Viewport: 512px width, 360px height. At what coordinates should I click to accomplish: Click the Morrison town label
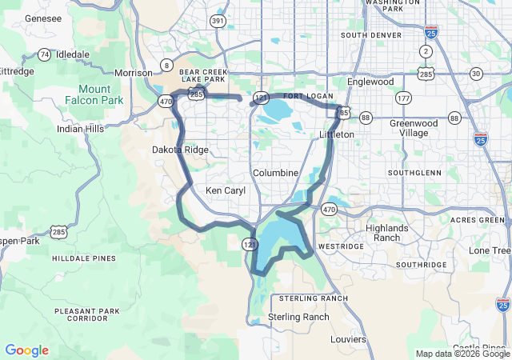pyautogui.click(x=133, y=73)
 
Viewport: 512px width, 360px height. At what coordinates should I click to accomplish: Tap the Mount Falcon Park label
pyautogui.click(x=102, y=94)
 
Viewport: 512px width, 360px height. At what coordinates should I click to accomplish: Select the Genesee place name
pyautogui.click(x=21, y=18)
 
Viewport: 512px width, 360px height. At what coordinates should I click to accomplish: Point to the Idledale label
pyautogui.click(x=74, y=54)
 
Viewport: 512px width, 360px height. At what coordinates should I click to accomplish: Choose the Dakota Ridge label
pyautogui.click(x=180, y=150)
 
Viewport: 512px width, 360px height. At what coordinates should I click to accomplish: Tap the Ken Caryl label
pyautogui.click(x=226, y=190)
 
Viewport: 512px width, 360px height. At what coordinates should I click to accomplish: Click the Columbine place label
pyautogui.click(x=275, y=173)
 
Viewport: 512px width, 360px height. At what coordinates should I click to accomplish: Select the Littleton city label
pyautogui.click(x=336, y=134)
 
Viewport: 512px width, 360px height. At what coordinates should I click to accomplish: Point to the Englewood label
pyautogui.click(x=370, y=82)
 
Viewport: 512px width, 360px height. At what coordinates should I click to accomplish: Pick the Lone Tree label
pyautogui.click(x=490, y=250)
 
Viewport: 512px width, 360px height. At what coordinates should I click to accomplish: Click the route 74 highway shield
pyautogui.click(x=44, y=54)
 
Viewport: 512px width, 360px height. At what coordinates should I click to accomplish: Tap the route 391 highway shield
pyautogui.click(x=218, y=21)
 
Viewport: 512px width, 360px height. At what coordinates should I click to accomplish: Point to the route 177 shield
pyautogui.click(x=402, y=98)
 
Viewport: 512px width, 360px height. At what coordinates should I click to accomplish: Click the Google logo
pyautogui.click(x=26, y=350)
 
